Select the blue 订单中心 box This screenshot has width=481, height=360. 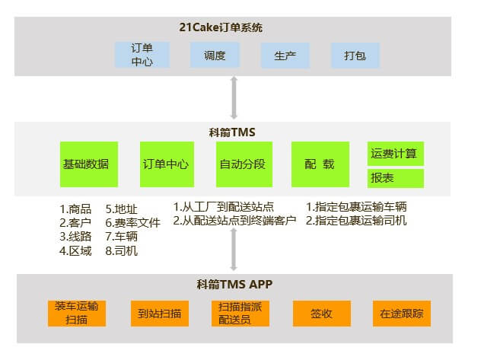click(x=142, y=55)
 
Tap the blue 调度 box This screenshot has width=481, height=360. click(x=215, y=55)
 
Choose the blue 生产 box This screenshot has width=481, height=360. click(x=285, y=55)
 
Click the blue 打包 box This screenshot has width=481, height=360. click(x=355, y=55)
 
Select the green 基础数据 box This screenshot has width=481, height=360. click(x=85, y=164)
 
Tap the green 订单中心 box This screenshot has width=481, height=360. click(x=165, y=164)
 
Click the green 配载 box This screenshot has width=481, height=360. click(x=320, y=164)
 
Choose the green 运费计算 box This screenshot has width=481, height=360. click(x=395, y=154)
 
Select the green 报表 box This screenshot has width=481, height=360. click(x=395, y=178)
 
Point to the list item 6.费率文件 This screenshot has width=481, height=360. click(x=132, y=222)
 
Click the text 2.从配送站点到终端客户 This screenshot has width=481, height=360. click(x=234, y=221)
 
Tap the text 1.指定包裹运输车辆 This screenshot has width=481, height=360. click(x=356, y=207)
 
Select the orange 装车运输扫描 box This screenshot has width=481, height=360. click(x=76, y=313)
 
